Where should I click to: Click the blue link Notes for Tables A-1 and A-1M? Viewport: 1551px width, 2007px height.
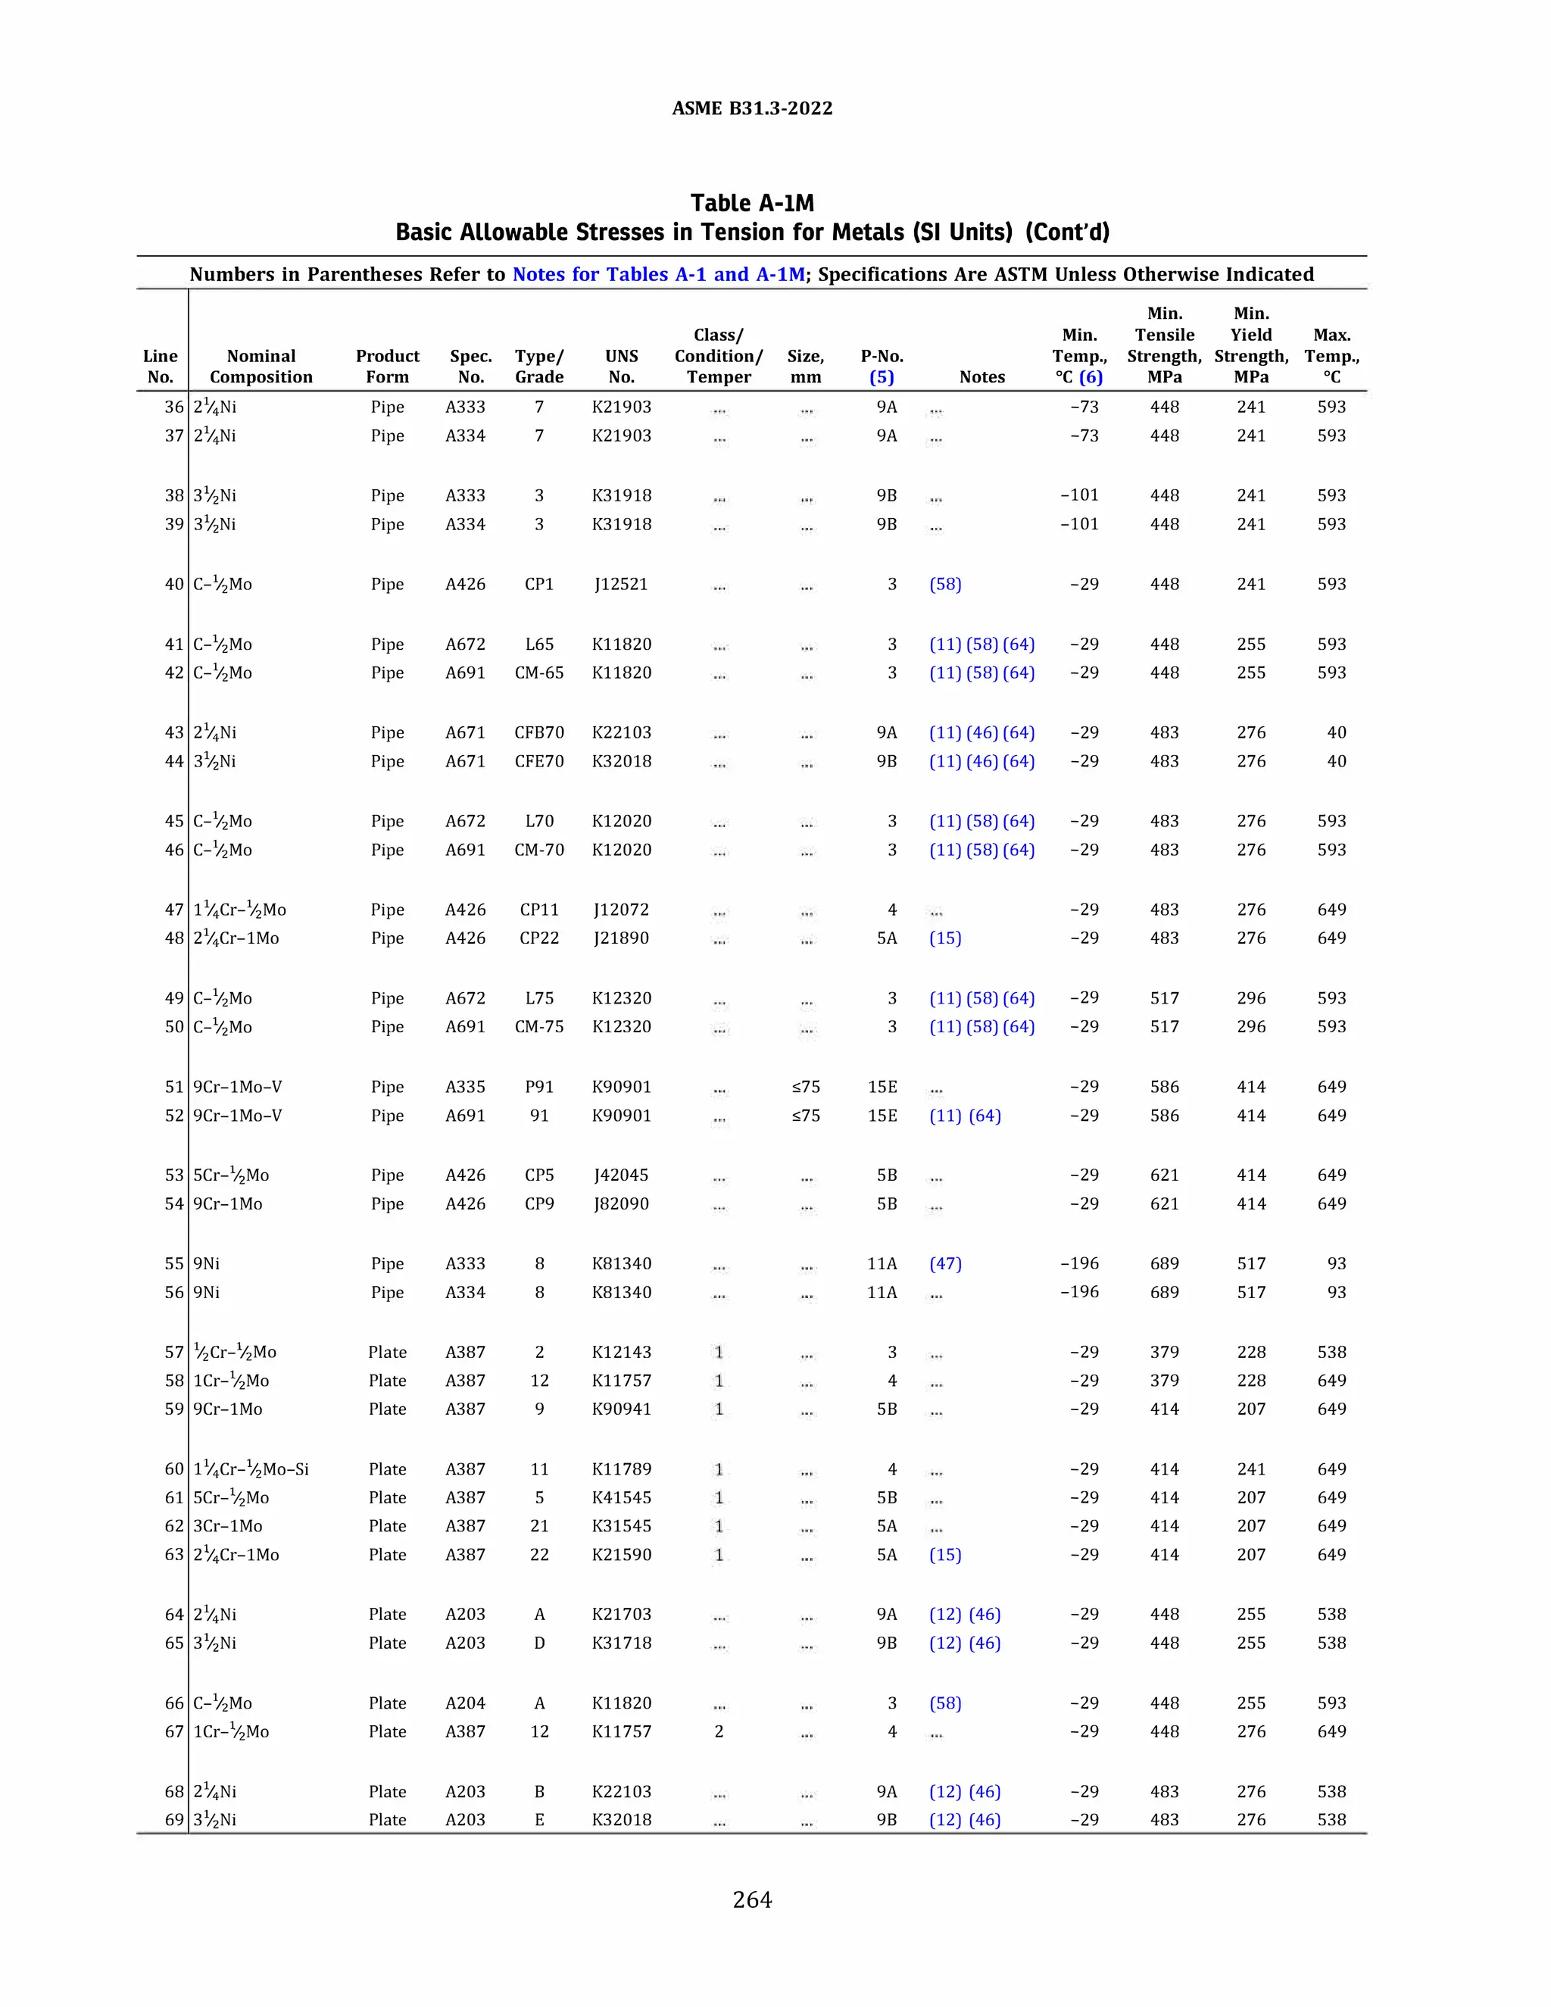click(x=658, y=274)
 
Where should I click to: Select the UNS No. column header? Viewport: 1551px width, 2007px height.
click(x=621, y=367)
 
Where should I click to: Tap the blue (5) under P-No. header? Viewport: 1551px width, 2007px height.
click(x=882, y=376)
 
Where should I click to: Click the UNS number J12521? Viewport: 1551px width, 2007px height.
click(x=621, y=585)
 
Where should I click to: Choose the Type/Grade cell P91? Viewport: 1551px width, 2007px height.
click(x=539, y=1086)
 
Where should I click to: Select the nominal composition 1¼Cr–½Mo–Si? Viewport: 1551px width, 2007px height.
click(x=251, y=1469)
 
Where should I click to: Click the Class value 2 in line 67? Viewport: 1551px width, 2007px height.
click(x=719, y=1731)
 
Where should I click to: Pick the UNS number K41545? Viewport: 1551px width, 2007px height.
click(x=621, y=1498)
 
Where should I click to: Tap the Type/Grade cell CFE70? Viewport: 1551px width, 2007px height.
click(x=539, y=761)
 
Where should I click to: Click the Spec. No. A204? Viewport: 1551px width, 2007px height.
click(x=465, y=1703)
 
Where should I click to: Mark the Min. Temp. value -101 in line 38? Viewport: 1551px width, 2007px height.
click(x=1080, y=495)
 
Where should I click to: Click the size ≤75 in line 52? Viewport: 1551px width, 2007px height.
click(x=806, y=1116)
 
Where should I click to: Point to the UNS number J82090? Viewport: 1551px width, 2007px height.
click(x=621, y=1204)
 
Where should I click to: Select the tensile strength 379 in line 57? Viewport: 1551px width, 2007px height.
click(x=1164, y=1352)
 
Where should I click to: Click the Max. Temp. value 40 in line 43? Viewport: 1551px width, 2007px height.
click(x=1336, y=732)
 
